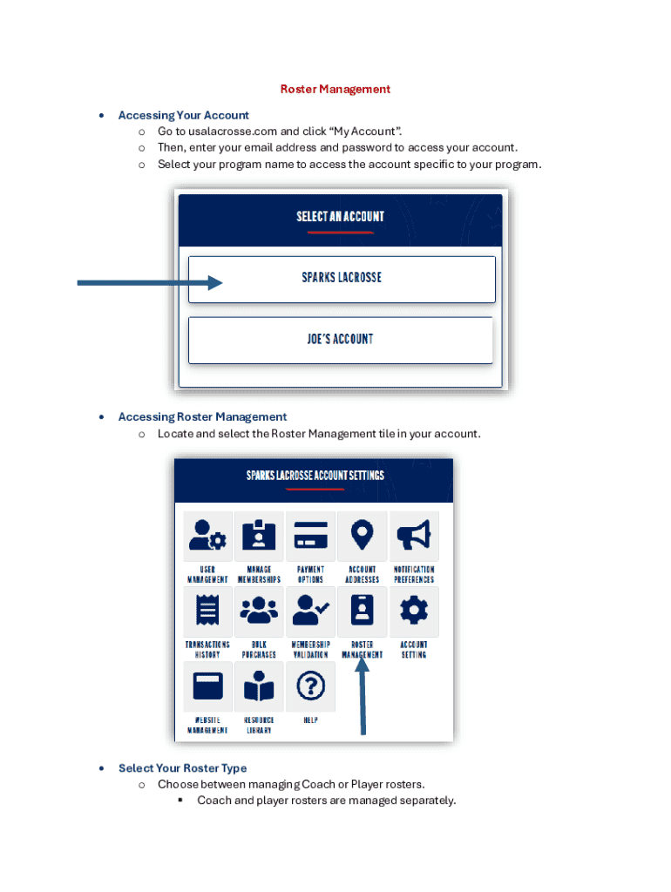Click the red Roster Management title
335,89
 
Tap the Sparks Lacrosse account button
342,279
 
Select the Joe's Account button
341,340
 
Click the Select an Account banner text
341,216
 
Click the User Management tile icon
208,536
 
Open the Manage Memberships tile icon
259,536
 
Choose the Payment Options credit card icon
310,536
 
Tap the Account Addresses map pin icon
363,536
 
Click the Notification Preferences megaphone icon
414,536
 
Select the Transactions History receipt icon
208,611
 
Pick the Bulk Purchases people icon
259,611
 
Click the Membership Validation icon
310,611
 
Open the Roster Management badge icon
363,611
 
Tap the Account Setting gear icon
414,611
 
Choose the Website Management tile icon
208,686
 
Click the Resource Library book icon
259,686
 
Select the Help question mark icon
310,686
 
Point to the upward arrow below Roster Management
363,697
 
